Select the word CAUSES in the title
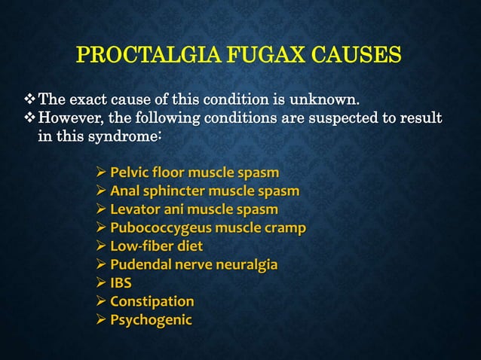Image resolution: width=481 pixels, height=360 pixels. [354, 56]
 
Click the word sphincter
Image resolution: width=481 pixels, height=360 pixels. [176, 191]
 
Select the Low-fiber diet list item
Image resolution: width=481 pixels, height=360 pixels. [156, 246]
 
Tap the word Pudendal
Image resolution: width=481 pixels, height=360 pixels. [140, 264]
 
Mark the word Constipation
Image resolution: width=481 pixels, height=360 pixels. [152, 301]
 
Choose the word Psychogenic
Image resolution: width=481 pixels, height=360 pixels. [151, 320]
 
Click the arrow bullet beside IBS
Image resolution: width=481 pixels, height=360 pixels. [100, 283]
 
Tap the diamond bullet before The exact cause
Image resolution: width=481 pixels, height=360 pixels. [29, 99]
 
